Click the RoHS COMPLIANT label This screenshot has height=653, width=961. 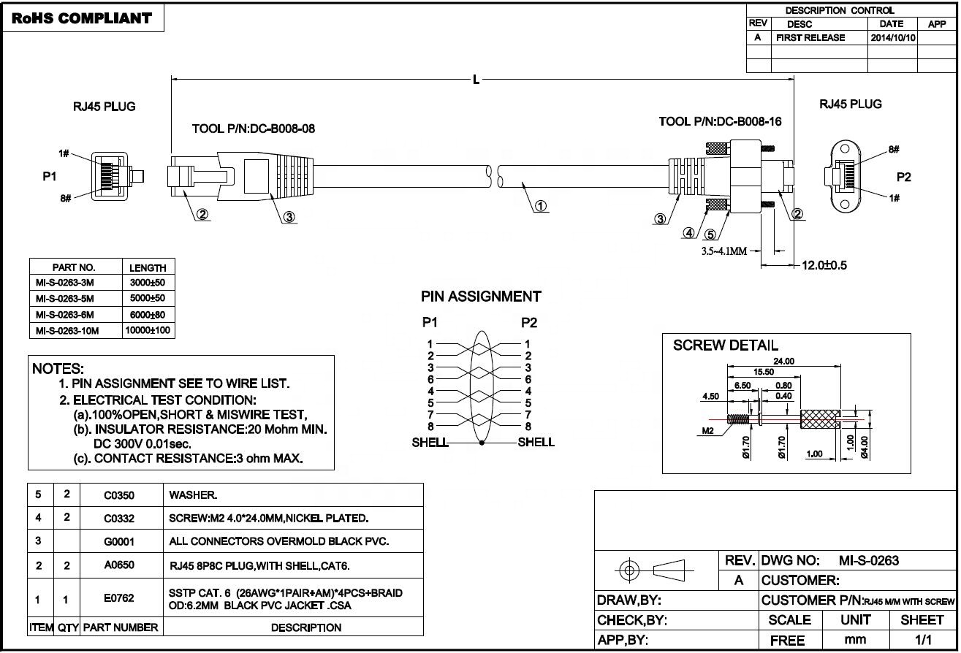click(82, 18)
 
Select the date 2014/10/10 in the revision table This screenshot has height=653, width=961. click(893, 38)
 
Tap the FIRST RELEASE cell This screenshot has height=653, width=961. click(810, 38)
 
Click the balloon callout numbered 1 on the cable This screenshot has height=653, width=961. click(541, 206)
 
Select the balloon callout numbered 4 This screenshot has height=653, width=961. click(688, 233)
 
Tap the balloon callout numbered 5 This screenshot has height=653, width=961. click(710, 234)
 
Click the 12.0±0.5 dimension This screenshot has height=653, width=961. click(824, 265)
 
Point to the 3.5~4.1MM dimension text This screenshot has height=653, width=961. click(724, 251)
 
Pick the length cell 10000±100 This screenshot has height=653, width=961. click(148, 330)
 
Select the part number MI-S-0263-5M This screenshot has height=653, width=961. click(65, 299)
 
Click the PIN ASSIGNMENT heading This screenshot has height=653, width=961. click(481, 297)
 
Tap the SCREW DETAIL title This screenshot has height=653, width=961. click(726, 345)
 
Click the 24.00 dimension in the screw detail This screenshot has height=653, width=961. click(784, 361)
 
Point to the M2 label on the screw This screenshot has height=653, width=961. click(707, 430)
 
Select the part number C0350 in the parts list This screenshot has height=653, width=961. click(119, 496)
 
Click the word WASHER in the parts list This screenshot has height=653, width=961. click(192, 495)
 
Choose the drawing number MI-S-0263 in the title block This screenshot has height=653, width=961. click(869, 561)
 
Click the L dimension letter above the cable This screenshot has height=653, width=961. click(476, 80)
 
